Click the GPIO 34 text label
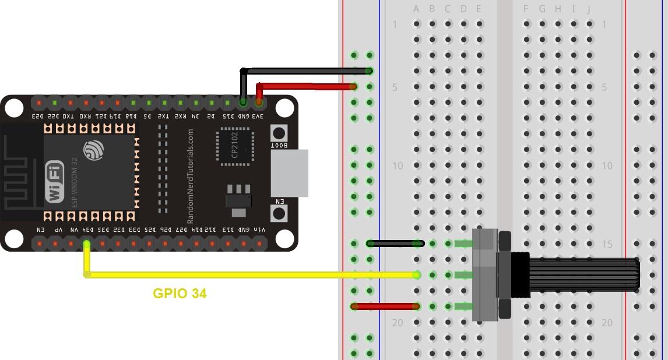pos(180,294)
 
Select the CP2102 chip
pos(234,145)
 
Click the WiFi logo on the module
pos(55,181)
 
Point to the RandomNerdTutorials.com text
pos(190,177)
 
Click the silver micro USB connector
pos(289,173)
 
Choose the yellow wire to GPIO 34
pos(251,274)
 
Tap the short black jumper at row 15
pos(393,243)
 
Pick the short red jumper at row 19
pos(385,306)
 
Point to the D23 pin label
pos(38,116)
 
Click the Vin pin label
pos(259,230)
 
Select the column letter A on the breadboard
pos(416,9)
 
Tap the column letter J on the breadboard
pos(589,9)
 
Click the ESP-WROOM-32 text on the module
pos(74,181)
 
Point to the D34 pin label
pos(87,230)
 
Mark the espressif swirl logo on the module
pos(93,150)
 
